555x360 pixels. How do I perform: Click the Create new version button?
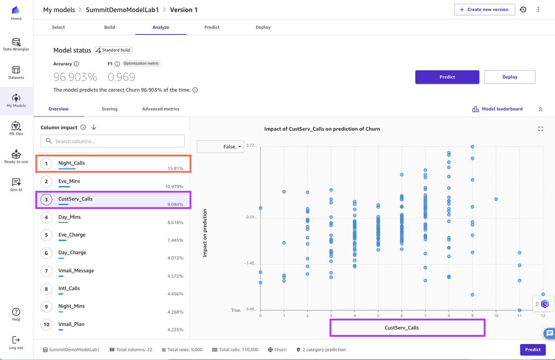coord(484,10)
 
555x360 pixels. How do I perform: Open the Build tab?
coord(109,27)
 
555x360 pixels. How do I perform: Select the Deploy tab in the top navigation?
coord(263,27)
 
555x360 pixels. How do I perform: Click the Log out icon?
coord(16,340)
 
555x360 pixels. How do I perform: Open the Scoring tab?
coord(109,109)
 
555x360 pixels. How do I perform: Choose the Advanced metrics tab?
coord(161,109)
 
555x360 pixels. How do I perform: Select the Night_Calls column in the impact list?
coord(72,163)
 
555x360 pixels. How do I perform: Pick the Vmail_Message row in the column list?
coord(76,271)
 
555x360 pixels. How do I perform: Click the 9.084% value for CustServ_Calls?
coord(176,204)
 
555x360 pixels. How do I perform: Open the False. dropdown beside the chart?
coord(221,147)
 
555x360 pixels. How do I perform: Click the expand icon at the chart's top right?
coord(540,129)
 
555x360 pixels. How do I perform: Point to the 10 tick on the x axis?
coord(496,316)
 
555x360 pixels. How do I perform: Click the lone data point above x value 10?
coord(496,199)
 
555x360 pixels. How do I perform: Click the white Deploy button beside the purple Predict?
coord(510,77)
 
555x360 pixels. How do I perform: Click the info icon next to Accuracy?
coord(76,64)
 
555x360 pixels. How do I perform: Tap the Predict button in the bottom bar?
coord(533,350)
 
